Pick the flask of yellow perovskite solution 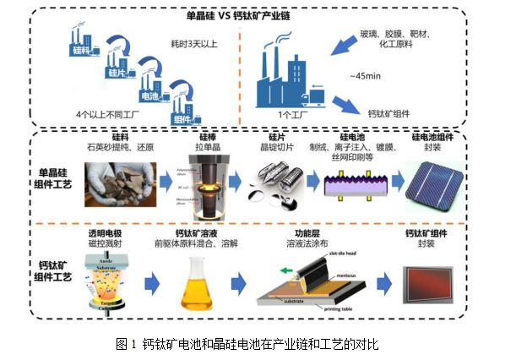(197, 283)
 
